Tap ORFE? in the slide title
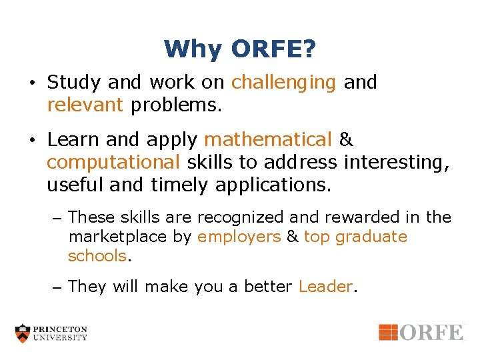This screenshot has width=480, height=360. (x=273, y=49)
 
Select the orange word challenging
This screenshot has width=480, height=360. (x=283, y=83)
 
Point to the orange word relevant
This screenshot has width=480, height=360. (x=85, y=105)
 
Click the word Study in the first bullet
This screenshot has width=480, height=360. (x=74, y=83)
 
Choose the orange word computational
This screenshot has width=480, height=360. (x=113, y=162)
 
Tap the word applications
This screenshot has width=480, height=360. (x=273, y=184)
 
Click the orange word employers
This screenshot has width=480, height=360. (x=239, y=237)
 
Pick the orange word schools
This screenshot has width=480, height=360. (x=97, y=256)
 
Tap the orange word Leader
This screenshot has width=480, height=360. (x=325, y=287)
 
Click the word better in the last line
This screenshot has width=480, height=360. (x=269, y=287)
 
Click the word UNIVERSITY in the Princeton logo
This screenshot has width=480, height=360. (x=61, y=338)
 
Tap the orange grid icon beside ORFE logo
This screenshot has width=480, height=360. (x=388, y=332)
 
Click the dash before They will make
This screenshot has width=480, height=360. (x=57, y=287)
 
